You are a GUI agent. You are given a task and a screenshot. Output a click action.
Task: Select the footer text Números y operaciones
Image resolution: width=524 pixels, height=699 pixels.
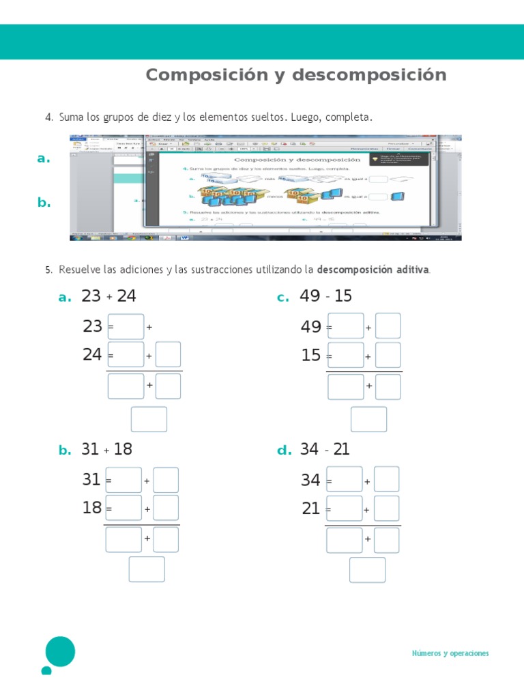coord(450,653)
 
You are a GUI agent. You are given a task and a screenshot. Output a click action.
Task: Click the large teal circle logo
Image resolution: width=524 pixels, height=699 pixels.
coord(60,651)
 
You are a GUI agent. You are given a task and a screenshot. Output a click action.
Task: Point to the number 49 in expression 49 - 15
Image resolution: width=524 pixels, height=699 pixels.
coord(310,296)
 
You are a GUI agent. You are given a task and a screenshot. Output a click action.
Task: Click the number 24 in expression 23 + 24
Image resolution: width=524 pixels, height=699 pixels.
coord(126,296)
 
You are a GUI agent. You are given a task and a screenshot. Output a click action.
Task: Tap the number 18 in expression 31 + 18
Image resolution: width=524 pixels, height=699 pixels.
coord(123,449)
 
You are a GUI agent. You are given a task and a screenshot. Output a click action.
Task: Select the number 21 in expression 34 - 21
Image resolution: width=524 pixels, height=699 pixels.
coord(340,449)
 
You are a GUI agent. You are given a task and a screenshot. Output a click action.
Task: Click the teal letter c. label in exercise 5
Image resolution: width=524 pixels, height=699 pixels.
coord(283,298)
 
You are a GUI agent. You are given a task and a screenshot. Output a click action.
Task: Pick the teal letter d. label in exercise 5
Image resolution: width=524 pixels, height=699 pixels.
coord(284,451)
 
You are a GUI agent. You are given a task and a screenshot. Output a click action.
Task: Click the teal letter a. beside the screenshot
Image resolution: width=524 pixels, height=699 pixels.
coord(44,159)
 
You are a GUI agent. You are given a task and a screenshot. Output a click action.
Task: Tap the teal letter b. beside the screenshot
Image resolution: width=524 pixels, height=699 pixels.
coord(44,203)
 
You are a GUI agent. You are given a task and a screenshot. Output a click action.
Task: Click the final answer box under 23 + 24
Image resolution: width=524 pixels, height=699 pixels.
coord(149,419)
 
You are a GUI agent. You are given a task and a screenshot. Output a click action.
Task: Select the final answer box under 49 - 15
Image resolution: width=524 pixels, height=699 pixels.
coord(368,419)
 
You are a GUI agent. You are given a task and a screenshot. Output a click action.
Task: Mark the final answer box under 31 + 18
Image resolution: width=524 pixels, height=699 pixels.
coord(147,569)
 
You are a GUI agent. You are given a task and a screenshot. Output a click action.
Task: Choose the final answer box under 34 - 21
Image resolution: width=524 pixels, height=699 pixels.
coord(367,569)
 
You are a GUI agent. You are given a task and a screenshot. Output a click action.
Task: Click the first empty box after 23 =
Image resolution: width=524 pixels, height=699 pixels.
coord(126,326)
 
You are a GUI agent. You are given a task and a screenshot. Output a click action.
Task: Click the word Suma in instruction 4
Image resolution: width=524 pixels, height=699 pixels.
coord(70,117)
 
